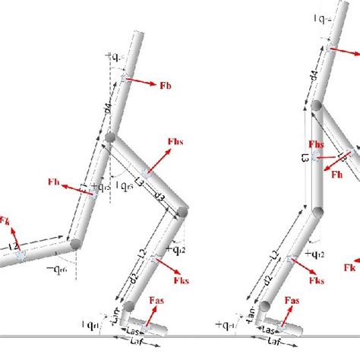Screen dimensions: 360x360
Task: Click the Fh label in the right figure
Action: [x=338, y=174]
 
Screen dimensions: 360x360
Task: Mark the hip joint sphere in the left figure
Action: [x=111, y=140]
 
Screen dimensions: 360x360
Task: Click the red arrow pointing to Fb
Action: [x=142, y=81]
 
